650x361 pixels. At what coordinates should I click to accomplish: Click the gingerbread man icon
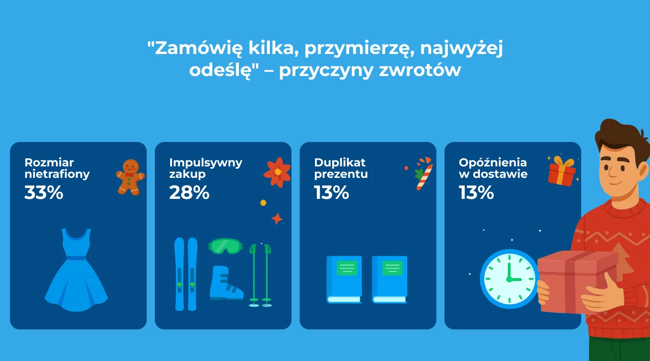coord(130,176)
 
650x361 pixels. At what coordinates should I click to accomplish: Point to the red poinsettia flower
coord(277,172)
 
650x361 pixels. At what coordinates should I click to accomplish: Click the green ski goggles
coord(226,246)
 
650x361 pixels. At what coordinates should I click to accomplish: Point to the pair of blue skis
coord(185,274)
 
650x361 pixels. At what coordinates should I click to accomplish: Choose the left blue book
coord(344,279)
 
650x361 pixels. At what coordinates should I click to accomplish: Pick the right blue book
coord(390,279)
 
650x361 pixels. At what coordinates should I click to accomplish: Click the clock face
coord(509,279)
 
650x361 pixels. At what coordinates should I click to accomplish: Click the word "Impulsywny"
coord(206,163)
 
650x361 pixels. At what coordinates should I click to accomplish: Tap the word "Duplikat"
coord(340,163)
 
